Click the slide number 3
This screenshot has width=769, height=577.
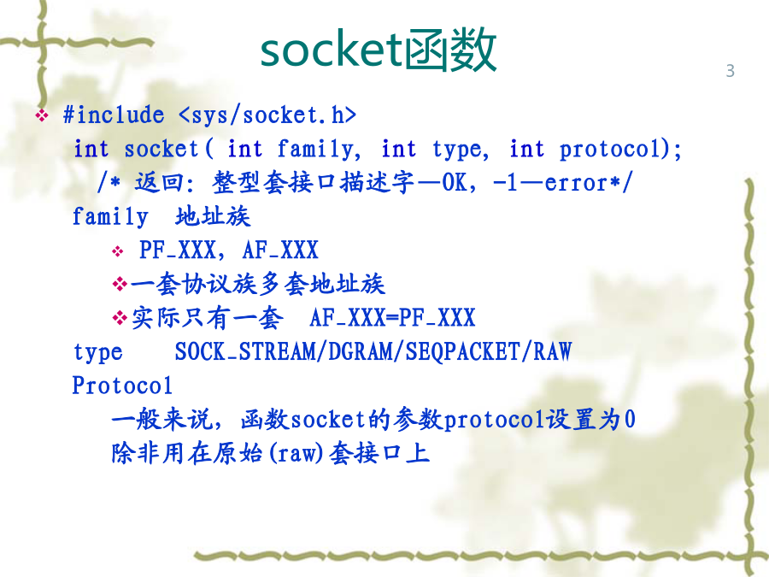pos(731,71)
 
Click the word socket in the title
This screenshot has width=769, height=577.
pos(331,50)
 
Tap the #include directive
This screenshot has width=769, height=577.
pos(114,115)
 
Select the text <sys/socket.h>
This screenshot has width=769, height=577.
pos(267,115)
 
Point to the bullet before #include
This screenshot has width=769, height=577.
pos(42,115)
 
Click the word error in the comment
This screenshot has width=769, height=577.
pos(576,183)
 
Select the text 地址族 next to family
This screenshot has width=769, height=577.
pos(213,216)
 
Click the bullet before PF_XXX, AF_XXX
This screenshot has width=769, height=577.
pos(118,251)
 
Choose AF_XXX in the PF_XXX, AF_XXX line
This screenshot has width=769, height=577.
pos(280,250)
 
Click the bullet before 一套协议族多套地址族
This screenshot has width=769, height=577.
pos(120,284)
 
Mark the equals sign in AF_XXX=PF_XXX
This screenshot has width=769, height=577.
pos(391,318)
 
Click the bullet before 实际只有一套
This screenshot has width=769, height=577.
pos(120,318)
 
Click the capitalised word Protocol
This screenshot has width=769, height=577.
pos(122,386)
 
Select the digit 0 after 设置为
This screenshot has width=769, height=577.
pos(630,420)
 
